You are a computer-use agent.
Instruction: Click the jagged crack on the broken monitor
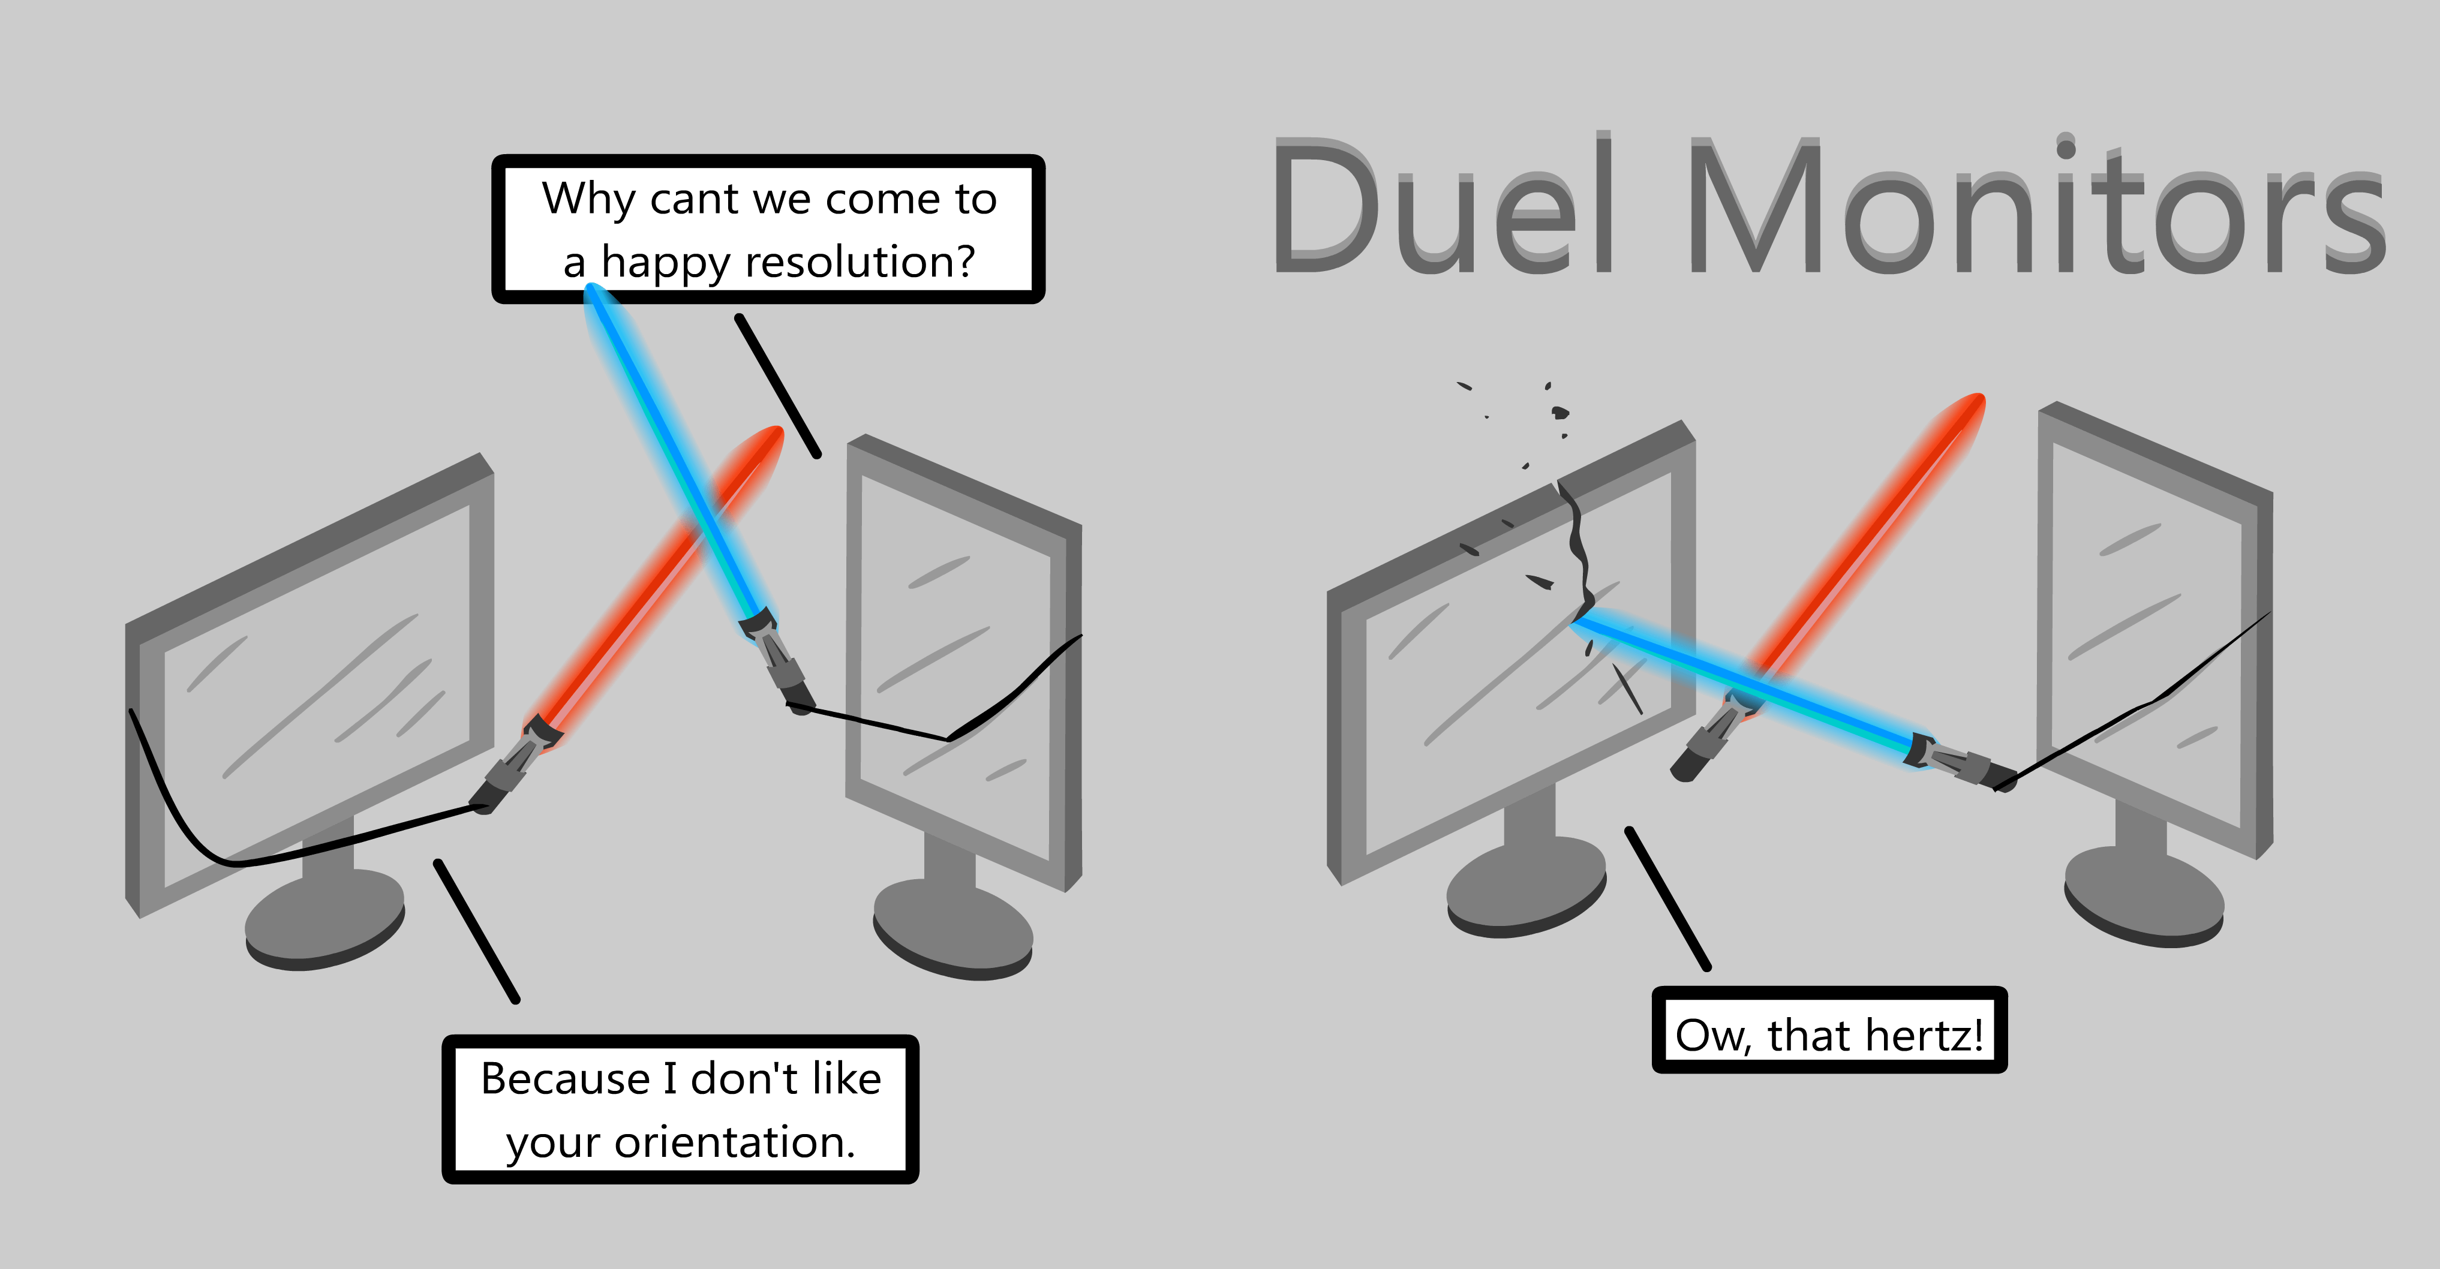1577,549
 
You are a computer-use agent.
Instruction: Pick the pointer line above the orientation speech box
476,931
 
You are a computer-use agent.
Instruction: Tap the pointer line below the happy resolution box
777,386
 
